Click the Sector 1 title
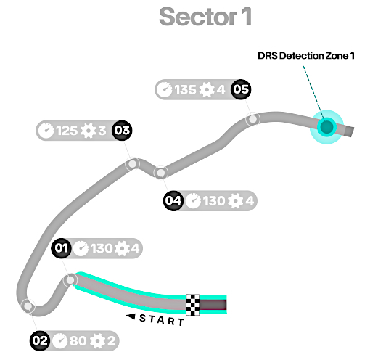coord(205,17)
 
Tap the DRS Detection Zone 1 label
coord(306,56)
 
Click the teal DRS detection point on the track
coord(326,127)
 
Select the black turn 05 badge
coord(241,89)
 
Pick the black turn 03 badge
coord(122,131)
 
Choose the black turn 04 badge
coord(173,200)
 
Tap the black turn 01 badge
coord(61,248)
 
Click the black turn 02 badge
coord(40,340)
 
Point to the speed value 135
coord(185,90)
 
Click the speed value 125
coord(67,131)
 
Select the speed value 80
coord(78,341)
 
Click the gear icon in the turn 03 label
coord(89,131)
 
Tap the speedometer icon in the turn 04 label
coord(193,201)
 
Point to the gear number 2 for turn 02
coord(111,341)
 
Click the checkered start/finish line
coord(193,305)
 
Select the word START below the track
coord(162,320)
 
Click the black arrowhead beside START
coord(131,316)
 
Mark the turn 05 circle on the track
coord(252,119)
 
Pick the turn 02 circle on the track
coord(28,306)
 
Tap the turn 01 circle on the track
coord(70,280)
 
